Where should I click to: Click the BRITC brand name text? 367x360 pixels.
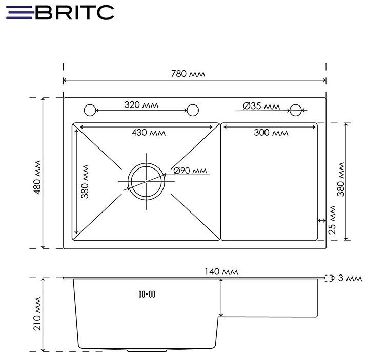(x=74, y=12)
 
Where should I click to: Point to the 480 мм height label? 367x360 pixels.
(x=36, y=173)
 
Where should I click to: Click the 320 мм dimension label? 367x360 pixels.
(x=141, y=105)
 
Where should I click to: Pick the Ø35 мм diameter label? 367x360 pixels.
(x=261, y=106)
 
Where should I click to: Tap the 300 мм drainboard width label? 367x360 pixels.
(x=271, y=133)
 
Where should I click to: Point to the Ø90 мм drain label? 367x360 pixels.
(x=190, y=171)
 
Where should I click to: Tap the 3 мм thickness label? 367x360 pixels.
(x=349, y=278)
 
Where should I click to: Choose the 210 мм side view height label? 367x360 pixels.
(x=36, y=313)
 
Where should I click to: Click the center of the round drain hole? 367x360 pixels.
(x=147, y=181)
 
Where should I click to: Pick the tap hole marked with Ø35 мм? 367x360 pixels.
(x=295, y=110)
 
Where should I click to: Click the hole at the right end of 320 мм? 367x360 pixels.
(x=193, y=110)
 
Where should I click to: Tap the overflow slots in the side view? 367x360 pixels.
(x=147, y=294)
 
